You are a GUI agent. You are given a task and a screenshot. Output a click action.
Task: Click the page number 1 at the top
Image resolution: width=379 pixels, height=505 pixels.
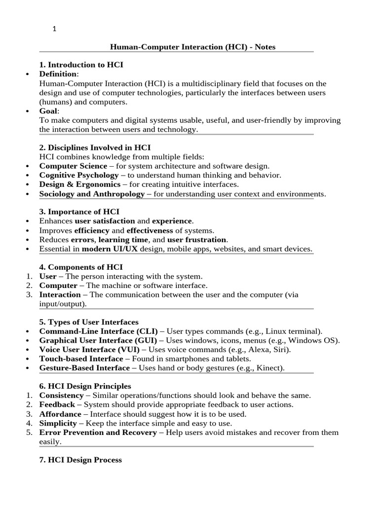coord(55,29)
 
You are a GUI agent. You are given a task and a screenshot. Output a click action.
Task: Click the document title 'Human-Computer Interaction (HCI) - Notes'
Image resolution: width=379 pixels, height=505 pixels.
coord(192,47)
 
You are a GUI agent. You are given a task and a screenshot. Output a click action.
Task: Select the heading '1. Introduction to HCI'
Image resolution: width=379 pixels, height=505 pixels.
coord(81,65)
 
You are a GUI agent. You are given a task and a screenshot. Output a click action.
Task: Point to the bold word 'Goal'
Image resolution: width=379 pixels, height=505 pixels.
coord(48,111)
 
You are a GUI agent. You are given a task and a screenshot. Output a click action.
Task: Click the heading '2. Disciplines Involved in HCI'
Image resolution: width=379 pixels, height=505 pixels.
coord(95,147)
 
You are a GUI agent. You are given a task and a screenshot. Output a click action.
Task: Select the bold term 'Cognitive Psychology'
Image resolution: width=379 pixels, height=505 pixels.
coord(79,175)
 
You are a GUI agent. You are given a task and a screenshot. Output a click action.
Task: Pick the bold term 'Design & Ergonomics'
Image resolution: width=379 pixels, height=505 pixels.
coord(80,184)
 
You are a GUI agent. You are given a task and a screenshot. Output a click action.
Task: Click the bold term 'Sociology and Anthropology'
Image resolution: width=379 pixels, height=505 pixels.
coord(92,194)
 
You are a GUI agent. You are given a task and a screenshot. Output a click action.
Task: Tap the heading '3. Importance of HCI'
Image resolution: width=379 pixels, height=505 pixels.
coord(79,212)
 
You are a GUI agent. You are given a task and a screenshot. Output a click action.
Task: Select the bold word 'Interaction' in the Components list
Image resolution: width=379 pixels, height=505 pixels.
coord(60,295)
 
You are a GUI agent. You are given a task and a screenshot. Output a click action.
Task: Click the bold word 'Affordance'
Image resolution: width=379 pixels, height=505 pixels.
coord(60,414)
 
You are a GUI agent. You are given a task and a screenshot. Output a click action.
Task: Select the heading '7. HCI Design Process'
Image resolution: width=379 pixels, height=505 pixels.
coord(80,460)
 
